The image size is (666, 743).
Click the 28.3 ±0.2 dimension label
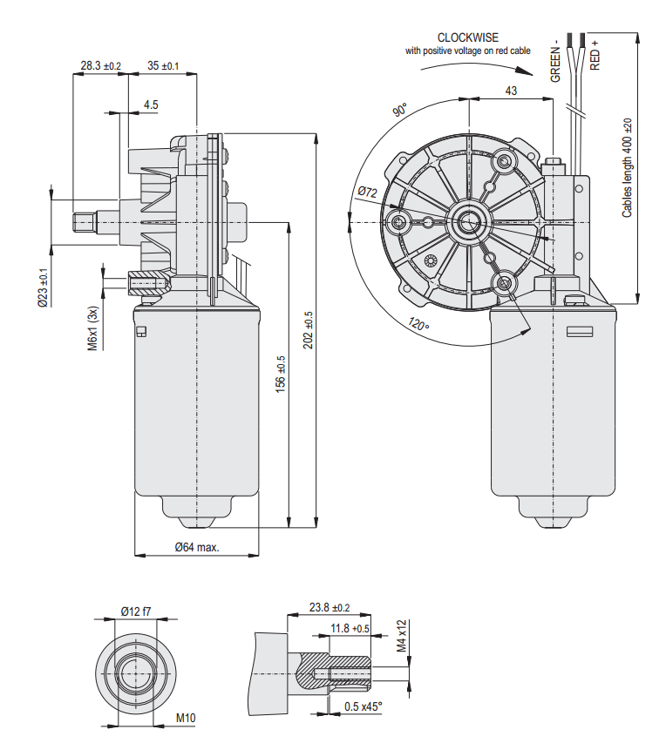tap(100, 65)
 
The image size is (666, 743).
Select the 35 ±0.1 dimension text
tap(163, 65)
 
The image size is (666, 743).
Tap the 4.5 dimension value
tap(151, 105)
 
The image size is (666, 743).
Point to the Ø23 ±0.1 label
tap(42, 287)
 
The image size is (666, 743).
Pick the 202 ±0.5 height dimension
tap(308, 330)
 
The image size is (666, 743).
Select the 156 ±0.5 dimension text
tap(280, 372)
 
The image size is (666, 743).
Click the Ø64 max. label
tap(196, 548)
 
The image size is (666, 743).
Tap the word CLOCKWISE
tap(468, 38)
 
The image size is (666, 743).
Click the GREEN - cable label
tap(555, 61)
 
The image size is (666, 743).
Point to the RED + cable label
tap(595, 55)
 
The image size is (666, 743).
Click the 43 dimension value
tap(511, 91)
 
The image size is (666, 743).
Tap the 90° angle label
tap(400, 111)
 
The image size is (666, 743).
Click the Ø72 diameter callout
tap(367, 193)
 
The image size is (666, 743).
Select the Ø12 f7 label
tap(136, 611)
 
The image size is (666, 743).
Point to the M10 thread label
tap(185, 719)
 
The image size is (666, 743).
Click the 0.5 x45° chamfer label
tap(363, 706)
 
